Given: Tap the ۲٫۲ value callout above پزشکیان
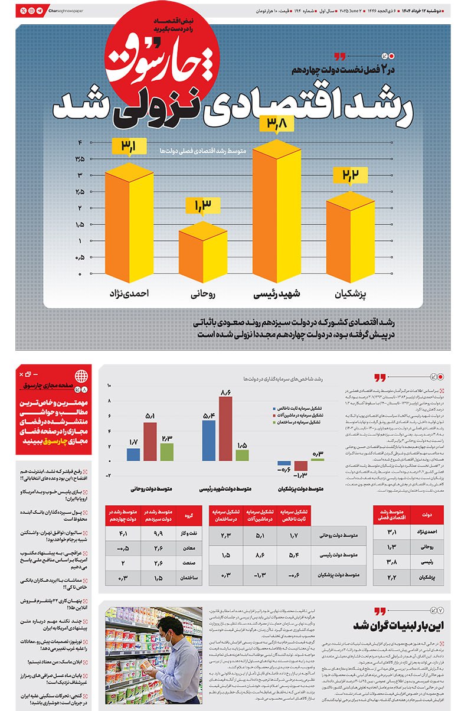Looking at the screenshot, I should pos(350,176).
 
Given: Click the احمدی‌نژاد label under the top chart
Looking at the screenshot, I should pos(129,293).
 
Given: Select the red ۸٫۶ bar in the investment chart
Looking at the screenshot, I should pos(225,428).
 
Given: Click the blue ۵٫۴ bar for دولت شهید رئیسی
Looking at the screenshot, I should pos(208,440).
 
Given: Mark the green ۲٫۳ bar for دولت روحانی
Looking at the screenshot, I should pos(167,452).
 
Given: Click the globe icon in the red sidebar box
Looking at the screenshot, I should pos(80,374).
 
